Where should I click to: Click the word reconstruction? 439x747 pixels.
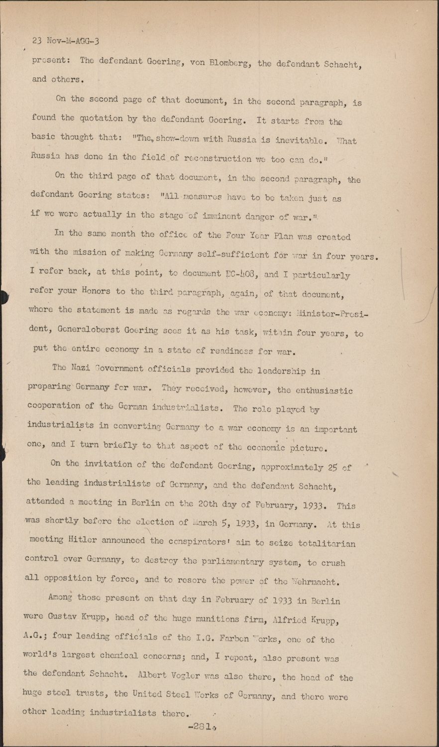(215, 159)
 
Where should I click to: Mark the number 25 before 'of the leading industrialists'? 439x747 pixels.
(333, 467)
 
